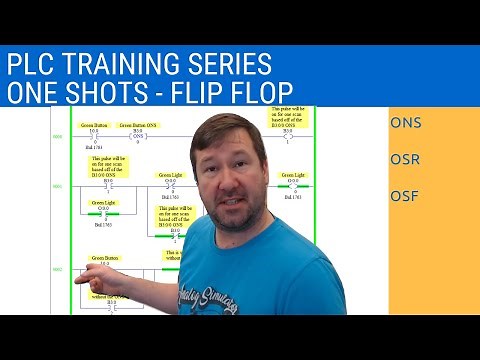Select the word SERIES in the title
(233, 65)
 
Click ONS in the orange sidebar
(406, 124)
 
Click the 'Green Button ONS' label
(138, 126)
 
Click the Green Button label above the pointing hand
(107, 258)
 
